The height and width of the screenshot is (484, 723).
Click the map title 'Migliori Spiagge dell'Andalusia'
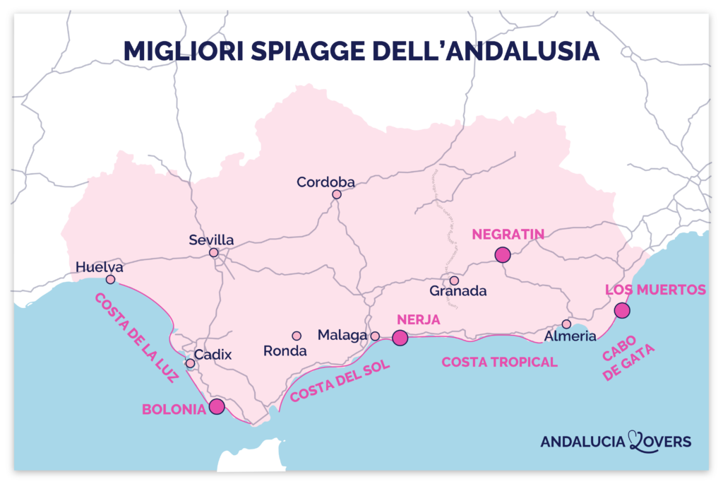click(361, 50)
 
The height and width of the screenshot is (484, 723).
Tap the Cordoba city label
click(325, 182)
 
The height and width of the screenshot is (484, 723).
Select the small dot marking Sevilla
click(214, 252)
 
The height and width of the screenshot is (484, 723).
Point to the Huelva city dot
click(111, 280)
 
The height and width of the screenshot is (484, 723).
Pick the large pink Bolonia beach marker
click(217, 406)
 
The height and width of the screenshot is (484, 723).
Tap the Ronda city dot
click(297, 336)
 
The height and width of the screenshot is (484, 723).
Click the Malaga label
click(342, 335)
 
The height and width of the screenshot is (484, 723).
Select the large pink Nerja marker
click(400, 338)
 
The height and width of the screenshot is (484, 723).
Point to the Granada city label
click(458, 291)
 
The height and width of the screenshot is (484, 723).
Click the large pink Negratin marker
click(503, 255)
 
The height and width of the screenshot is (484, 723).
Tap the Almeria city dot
click(566, 324)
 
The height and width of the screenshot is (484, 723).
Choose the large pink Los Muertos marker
click(622, 310)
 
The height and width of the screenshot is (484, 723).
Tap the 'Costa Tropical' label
click(499, 362)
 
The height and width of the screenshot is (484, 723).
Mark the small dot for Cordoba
click(337, 194)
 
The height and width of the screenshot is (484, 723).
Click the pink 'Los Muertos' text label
click(656, 290)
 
